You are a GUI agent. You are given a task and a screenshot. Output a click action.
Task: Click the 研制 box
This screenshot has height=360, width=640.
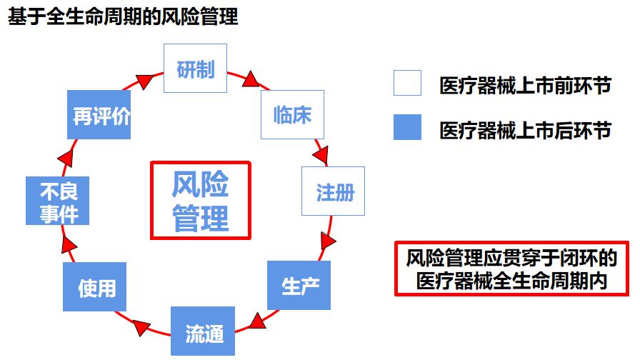tap(195, 69)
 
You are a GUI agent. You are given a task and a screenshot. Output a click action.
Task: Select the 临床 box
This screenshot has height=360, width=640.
tap(292, 114)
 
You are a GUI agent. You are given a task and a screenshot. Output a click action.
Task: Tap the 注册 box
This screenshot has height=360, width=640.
tap(333, 191)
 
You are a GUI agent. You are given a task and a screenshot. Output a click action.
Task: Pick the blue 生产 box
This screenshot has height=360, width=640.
tap(299, 286)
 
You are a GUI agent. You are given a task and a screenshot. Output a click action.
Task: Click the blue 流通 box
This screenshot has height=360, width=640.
tap(202, 331)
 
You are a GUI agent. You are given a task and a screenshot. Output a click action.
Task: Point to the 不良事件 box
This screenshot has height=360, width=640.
tap(57, 201)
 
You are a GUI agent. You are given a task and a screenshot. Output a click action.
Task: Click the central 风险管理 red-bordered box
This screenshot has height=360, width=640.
tap(201, 200)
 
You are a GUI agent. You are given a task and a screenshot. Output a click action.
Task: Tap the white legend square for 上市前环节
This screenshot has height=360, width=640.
tap(407, 84)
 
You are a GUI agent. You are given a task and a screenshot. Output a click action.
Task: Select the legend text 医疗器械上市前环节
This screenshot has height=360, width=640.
tap(525, 86)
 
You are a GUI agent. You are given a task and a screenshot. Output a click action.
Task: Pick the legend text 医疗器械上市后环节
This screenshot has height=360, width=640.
tap(525, 129)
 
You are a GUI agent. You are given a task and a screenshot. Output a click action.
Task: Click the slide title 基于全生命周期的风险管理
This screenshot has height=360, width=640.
tap(122, 17)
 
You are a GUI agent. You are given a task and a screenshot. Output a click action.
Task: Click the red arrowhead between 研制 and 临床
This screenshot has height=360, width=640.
tap(250, 79)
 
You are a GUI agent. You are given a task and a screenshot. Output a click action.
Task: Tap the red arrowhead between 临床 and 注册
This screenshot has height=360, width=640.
tap(322, 154)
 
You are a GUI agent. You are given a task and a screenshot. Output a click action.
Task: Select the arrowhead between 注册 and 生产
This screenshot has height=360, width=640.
tap(328, 241)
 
